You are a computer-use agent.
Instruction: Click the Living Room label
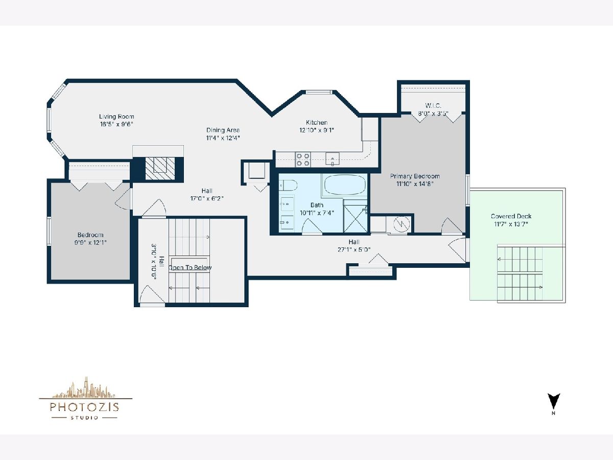(116, 117)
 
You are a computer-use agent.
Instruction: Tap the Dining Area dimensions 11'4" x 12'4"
(223, 137)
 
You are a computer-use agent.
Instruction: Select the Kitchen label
(317, 122)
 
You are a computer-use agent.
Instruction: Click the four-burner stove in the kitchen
(303, 159)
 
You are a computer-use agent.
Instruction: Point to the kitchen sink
(333, 159)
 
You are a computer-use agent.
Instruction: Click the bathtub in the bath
(345, 185)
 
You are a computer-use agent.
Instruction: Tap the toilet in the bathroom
(288, 185)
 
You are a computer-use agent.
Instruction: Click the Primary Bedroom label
(415, 176)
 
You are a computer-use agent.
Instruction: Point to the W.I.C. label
(433, 106)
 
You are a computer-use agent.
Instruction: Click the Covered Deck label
(511, 216)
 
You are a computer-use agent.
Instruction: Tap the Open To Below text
(190, 267)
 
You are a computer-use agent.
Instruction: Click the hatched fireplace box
(160, 169)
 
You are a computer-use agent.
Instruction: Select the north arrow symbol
(554, 401)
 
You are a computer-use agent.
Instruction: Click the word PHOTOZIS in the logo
(84, 407)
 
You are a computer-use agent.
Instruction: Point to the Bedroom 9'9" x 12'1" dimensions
(90, 242)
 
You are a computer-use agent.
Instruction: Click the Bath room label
(317, 205)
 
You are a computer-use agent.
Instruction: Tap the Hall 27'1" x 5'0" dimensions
(354, 249)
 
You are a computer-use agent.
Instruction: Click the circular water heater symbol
(402, 224)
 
